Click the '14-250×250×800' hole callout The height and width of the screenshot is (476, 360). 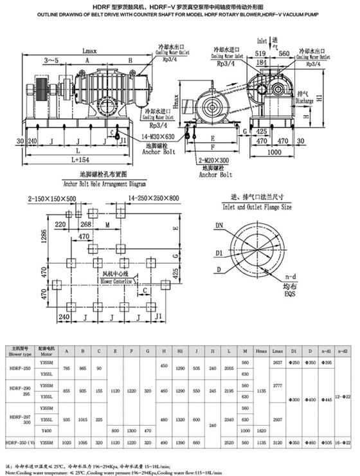(150, 199)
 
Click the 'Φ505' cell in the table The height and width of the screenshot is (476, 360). (327, 444)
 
